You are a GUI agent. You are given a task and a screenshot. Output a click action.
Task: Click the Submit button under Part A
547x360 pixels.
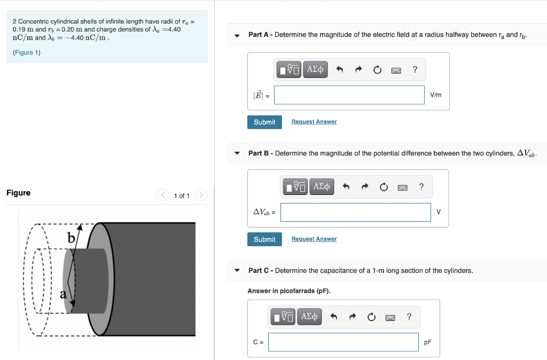264,122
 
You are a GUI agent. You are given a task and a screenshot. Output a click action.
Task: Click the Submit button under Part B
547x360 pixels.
264,239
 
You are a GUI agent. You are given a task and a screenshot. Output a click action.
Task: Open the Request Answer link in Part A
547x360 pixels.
314,122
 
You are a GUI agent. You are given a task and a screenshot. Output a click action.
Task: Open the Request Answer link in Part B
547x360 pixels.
314,239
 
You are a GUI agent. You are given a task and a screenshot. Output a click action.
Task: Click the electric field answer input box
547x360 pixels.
349,95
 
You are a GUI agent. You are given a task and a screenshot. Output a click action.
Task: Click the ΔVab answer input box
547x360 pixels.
355,212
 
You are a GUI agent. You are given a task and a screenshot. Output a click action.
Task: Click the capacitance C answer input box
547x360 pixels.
343,342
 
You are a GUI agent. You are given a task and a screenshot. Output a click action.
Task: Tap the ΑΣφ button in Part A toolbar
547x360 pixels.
316,69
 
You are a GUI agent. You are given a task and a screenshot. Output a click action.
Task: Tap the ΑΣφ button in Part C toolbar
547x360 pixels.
309,317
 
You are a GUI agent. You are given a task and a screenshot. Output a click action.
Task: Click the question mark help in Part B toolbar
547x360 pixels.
421,186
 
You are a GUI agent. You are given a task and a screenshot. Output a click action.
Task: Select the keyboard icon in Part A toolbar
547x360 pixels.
396,70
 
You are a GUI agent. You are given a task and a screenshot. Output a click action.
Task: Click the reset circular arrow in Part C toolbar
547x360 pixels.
371,317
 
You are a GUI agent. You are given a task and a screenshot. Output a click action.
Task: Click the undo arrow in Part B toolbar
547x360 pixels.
346,187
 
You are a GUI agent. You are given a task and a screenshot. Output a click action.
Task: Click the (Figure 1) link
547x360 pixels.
27,52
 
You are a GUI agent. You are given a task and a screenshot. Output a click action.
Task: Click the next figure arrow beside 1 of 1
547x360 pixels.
201,195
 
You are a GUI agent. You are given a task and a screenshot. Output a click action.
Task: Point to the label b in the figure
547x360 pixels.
71,238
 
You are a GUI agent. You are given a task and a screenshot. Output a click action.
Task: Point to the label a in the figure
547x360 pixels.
63,293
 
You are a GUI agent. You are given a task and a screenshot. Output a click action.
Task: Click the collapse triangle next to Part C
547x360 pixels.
237,271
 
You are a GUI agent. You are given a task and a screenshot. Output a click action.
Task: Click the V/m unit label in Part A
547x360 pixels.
436,95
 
